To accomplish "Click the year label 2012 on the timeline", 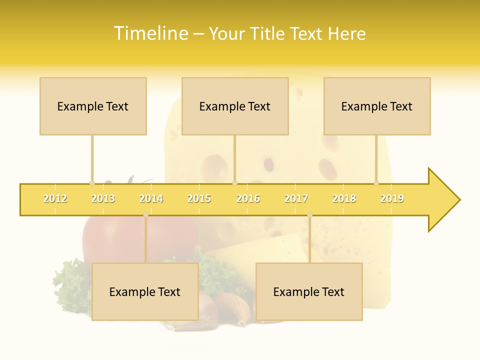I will (55, 199).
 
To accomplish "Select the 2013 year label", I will (103, 199).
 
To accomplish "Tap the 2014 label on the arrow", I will (151, 199).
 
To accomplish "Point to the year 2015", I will (199, 199).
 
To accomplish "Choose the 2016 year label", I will (248, 199).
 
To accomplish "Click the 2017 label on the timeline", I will (296, 199).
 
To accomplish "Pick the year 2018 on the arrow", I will (344, 199).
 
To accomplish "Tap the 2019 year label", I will (392, 199).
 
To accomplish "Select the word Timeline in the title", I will (150, 33).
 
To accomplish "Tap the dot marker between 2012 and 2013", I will (92, 183).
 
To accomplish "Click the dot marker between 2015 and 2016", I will (234, 183).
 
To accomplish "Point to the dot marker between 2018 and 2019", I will (376, 183).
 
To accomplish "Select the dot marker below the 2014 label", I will (145, 215).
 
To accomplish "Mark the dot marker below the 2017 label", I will (309, 215).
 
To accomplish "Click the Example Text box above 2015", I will (235, 106).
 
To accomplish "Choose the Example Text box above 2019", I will (377, 106).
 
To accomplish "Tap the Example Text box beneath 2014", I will (145, 291).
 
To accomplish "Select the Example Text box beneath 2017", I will (309, 291).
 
